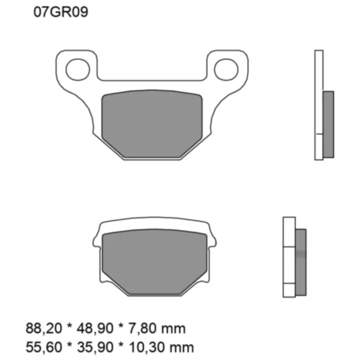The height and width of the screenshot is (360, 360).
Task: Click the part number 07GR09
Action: point(60,12)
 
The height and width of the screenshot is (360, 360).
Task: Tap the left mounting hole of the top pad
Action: point(74,68)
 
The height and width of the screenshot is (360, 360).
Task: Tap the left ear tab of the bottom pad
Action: point(98,242)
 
